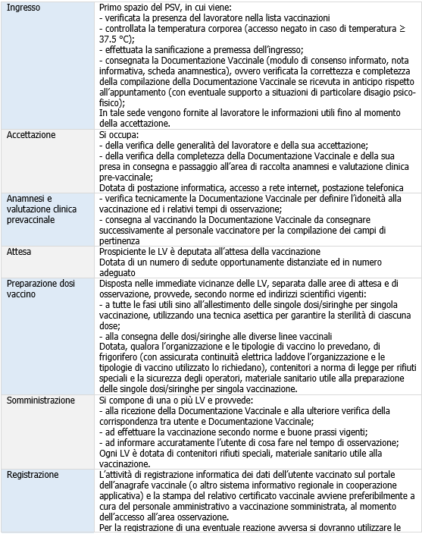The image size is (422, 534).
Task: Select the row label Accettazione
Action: click(x=31, y=134)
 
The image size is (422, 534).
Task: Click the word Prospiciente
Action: click(x=126, y=251)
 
